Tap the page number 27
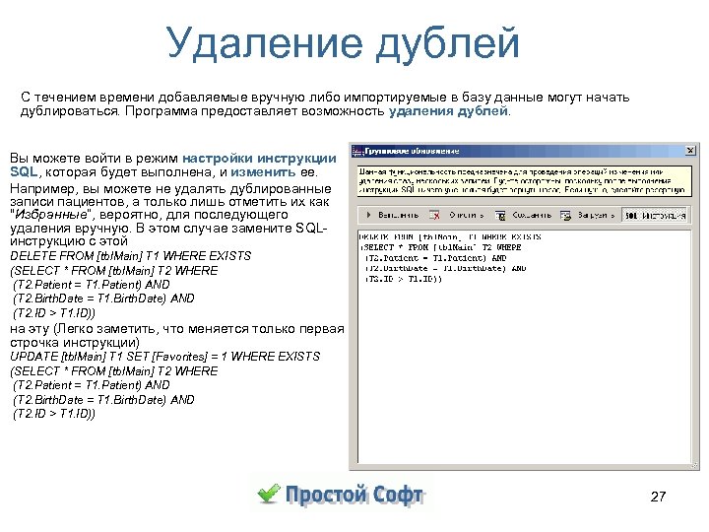[659, 497]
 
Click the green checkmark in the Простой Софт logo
[269, 493]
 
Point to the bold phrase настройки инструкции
[259, 158]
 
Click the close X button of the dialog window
[690, 151]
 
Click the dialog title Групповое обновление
[413, 151]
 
